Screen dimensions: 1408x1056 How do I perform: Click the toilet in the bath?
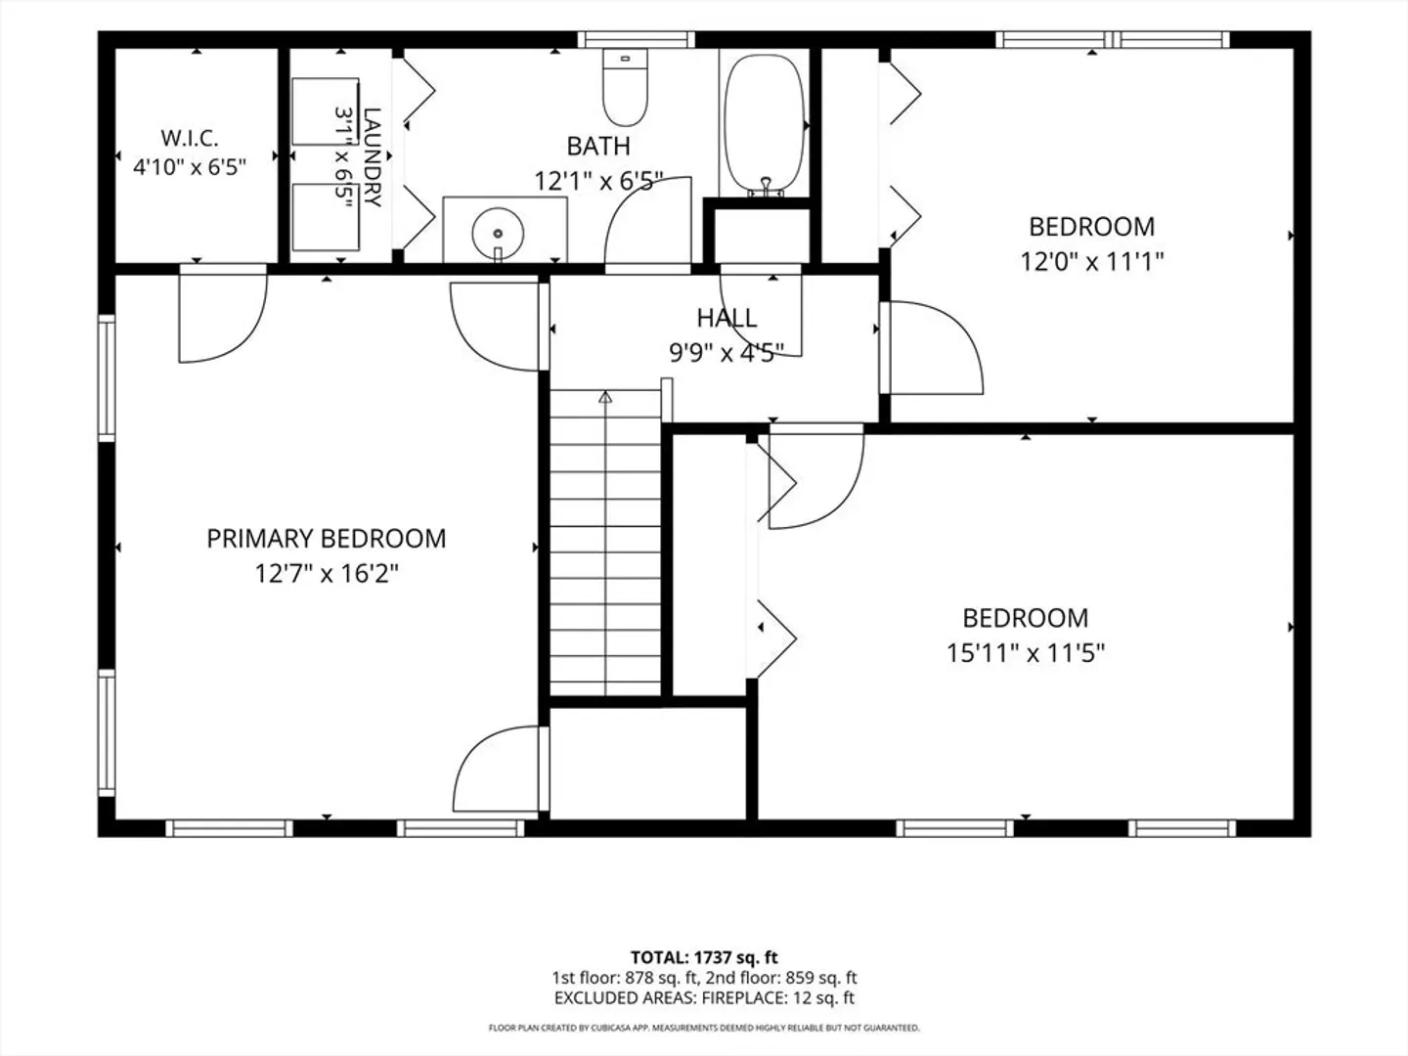(x=625, y=87)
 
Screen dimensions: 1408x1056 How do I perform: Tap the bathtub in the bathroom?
(x=764, y=124)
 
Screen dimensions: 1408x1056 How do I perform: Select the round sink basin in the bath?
(x=498, y=233)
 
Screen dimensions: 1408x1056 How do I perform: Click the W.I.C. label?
(x=190, y=138)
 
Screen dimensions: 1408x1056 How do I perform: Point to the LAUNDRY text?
(x=373, y=157)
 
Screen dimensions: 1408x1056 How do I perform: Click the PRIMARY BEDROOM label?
(x=326, y=539)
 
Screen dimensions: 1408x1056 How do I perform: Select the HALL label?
(x=726, y=318)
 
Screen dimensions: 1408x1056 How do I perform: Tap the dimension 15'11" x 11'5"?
(x=1026, y=653)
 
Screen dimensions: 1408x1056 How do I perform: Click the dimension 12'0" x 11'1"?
(x=1092, y=262)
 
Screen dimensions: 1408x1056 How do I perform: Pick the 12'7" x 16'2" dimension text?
(x=327, y=573)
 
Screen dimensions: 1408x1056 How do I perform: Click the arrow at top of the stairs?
(x=605, y=398)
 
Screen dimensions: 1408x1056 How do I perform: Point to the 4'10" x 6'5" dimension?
(x=190, y=167)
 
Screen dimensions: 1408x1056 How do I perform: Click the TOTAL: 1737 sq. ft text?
(x=704, y=958)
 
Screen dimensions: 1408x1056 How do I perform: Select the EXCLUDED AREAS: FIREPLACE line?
(x=704, y=998)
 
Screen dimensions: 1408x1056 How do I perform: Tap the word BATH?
(x=598, y=147)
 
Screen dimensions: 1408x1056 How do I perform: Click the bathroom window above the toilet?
(x=636, y=40)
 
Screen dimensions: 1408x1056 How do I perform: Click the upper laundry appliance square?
(x=326, y=111)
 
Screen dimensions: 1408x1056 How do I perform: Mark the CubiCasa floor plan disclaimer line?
(x=704, y=1028)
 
